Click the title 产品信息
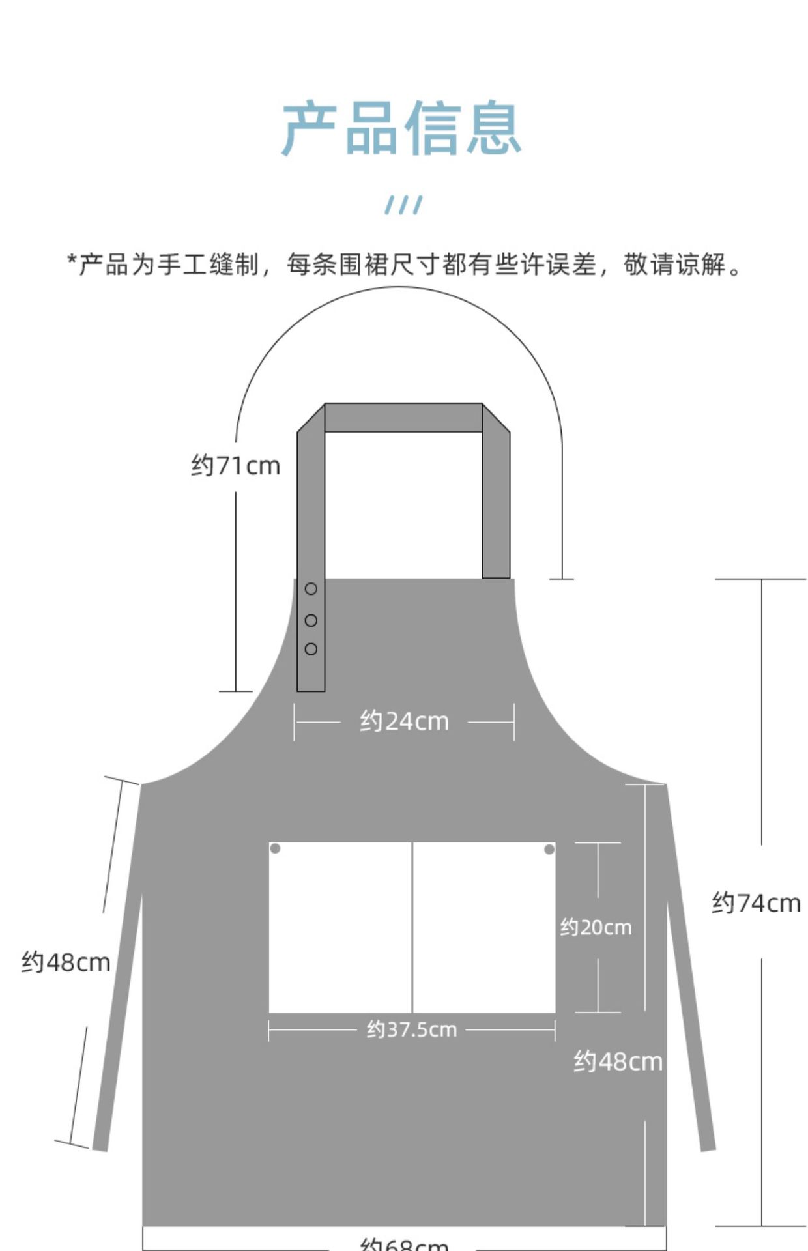401,128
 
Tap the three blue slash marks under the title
403,205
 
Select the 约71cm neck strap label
235,466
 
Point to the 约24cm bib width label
404,722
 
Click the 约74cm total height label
756,903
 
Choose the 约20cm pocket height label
596,927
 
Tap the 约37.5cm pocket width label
412,1029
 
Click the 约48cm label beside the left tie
66,962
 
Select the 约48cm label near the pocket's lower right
618,1062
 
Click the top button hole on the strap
311,589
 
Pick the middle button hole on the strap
311,620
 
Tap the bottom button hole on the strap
311,649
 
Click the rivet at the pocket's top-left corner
276,848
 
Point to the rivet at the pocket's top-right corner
549,849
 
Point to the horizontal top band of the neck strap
403,418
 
